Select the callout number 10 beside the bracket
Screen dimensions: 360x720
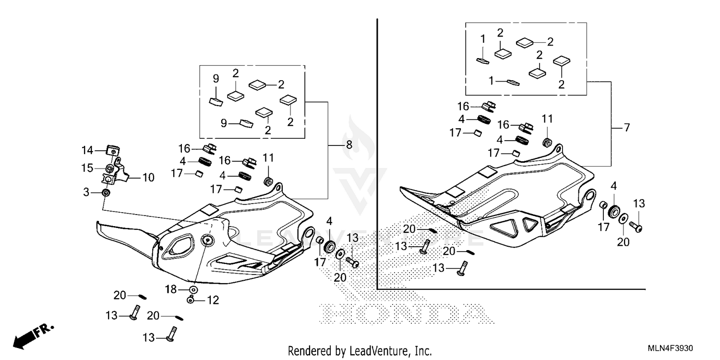click(148, 178)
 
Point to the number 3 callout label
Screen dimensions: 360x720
click(86, 192)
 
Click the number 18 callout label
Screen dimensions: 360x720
click(171, 289)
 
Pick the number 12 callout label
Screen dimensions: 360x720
click(213, 300)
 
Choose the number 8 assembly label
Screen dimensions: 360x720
click(348, 144)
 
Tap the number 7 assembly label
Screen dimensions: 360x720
click(626, 128)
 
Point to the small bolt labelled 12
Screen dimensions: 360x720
click(191, 300)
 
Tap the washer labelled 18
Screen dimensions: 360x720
click(192, 290)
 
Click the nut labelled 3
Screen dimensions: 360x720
click(106, 192)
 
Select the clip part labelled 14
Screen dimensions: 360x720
click(113, 150)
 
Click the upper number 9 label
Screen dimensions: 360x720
click(216, 78)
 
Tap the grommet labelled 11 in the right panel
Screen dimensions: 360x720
click(546, 142)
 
